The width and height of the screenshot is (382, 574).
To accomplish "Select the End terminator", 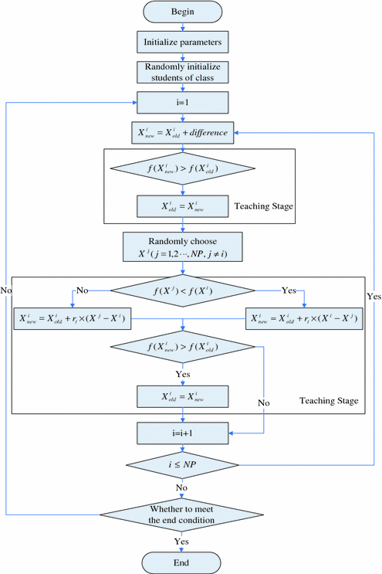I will point(183,562).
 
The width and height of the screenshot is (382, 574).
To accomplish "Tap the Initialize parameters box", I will point(183,39).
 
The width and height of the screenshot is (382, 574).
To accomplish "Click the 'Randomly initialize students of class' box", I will point(183,72).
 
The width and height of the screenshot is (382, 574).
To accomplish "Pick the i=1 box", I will point(183,103).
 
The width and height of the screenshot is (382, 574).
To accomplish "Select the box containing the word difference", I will point(183,132).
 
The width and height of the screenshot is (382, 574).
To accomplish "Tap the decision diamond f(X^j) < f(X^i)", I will point(183,290).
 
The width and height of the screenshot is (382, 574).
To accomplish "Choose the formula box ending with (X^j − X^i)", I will point(71,317).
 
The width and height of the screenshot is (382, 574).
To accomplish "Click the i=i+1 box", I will point(183,434).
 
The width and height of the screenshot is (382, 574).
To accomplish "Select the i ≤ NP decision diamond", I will point(183,466).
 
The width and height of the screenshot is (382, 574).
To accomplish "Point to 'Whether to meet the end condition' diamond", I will point(183,513).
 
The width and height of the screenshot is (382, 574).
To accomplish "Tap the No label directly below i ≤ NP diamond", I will point(183,487).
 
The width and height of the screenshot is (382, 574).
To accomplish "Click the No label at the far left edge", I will point(7,290).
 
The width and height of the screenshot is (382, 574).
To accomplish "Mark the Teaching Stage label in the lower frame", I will point(328,401).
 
